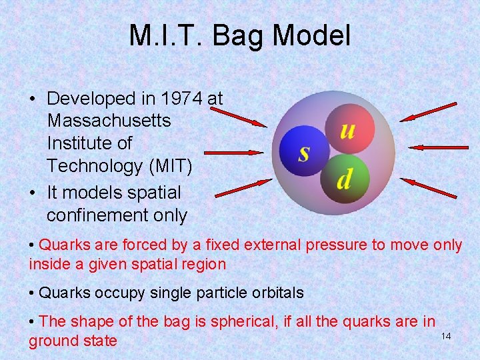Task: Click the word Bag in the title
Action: tap(248, 36)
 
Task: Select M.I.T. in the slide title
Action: tap(168, 36)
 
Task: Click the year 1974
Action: tap(180, 99)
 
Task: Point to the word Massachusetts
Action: tap(109, 121)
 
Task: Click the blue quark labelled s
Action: tap(303, 152)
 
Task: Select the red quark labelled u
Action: tap(347, 129)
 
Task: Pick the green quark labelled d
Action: tap(345, 177)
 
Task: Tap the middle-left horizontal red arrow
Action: tap(233, 153)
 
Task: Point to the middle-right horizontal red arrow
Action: tap(434, 147)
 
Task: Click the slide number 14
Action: tap(446, 336)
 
